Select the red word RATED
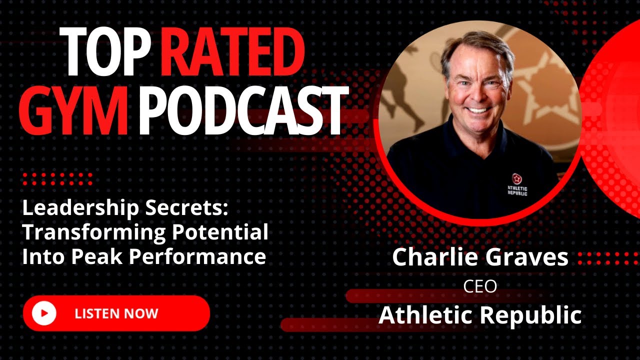click(233, 51)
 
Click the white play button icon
click(44, 313)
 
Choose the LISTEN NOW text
click(116, 313)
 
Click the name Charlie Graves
click(480, 257)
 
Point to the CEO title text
click(480, 286)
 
